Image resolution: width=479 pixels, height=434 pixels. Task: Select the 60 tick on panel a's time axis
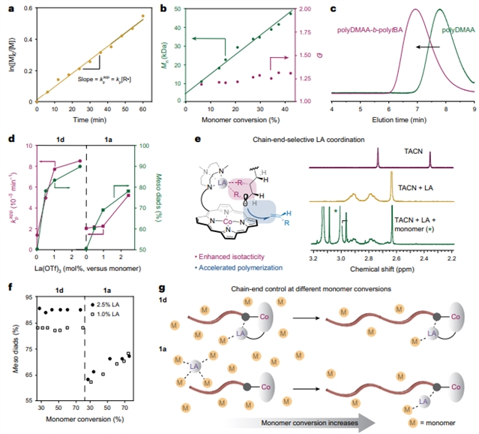(x=142, y=110)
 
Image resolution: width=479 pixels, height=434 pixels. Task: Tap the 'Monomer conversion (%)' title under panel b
(x=244, y=119)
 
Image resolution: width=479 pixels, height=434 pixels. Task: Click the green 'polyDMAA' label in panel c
(x=459, y=31)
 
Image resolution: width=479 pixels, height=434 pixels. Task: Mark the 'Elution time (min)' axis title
(x=403, y=119)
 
